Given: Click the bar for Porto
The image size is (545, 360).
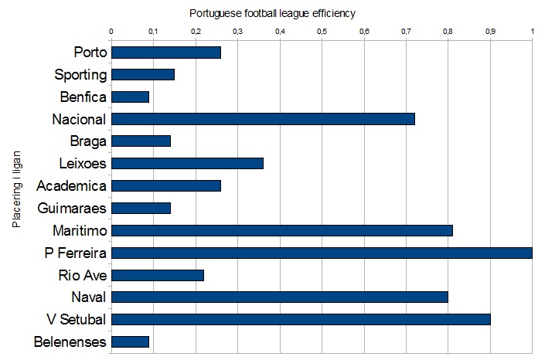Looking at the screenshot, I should click(x=166, y=53).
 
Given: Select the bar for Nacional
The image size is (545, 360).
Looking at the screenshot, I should click(x=264, y=119).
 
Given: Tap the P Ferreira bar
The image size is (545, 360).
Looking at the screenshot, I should click(x=322, y=253).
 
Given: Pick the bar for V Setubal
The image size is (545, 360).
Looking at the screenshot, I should click(x=301, y=320).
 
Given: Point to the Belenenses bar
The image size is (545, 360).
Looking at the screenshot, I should click(x=131, y=341).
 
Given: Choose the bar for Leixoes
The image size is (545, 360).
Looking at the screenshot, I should click(x=188, y=163).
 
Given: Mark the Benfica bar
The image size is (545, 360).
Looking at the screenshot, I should click(x=131, y=97).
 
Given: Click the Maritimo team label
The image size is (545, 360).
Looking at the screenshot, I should click(x=79, y=230).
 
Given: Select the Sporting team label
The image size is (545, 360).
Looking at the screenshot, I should click(x=80, y=75).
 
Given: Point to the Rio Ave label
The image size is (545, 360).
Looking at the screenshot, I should click(x=82, y=275).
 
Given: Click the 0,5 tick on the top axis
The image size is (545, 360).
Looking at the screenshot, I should click(x=322, y=32).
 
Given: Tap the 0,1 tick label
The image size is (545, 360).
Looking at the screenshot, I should click(x=154, y=32).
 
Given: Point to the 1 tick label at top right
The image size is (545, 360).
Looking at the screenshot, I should click(x=532, y=32).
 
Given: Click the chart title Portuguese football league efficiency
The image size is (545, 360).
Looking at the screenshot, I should click(x=272, y=14).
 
